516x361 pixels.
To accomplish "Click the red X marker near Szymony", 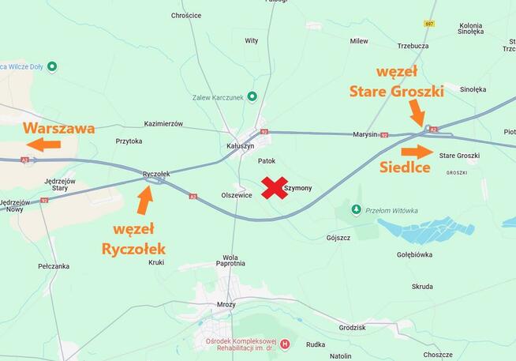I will [x=275, y=188].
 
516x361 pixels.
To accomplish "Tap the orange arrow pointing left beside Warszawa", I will [x=43, y=144].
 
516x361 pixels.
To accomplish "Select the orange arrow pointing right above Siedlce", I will [x=417, y=152].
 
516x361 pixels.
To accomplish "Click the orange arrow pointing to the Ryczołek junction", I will [x=144, y=200].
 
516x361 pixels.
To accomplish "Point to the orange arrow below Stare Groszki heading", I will [x=417, y=115].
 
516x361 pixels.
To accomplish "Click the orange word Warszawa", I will [x=59, y=127].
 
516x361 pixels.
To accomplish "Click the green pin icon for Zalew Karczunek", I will [x=252, y=96].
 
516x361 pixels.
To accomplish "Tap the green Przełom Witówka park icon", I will [x=356, y=210].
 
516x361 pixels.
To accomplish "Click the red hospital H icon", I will [x=285, y=344].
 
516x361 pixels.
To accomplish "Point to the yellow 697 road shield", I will [x=429, y=24].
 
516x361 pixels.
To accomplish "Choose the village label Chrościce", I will [x=186, y=15].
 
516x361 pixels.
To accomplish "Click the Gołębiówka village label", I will [x=414, y=255].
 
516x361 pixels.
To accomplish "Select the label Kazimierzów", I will [x=163, y=124].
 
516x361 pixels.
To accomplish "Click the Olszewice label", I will [x=237, y=195].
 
